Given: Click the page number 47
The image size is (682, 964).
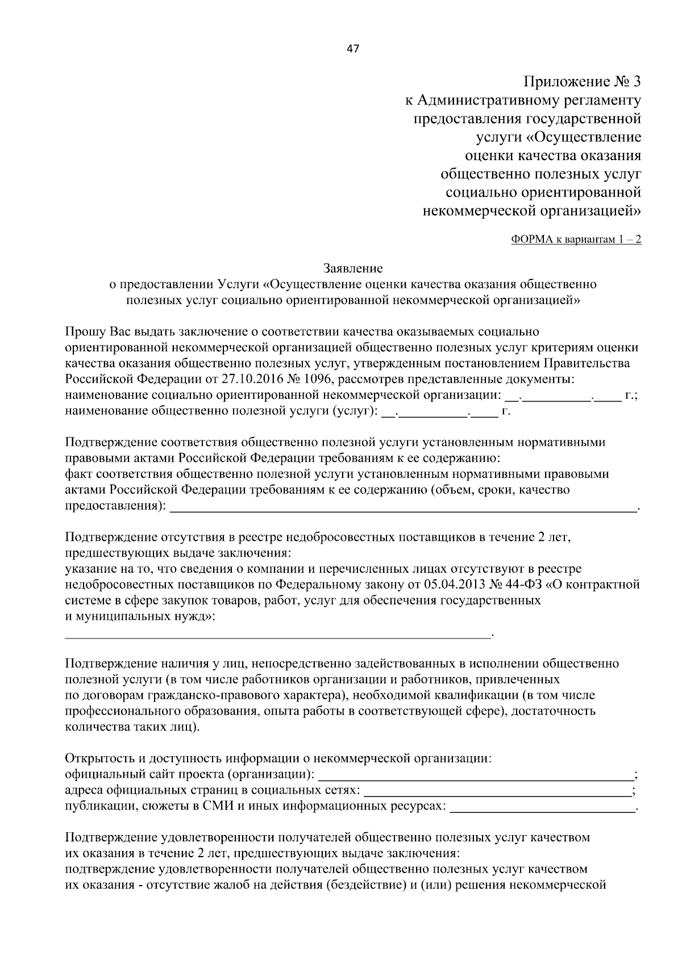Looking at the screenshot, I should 352,49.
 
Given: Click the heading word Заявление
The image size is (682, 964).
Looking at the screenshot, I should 353,268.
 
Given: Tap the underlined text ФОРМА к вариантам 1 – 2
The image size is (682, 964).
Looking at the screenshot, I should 576,239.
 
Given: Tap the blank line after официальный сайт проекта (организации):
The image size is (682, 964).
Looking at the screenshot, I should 475,775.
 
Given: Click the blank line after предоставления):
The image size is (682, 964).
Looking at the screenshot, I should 404,507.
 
